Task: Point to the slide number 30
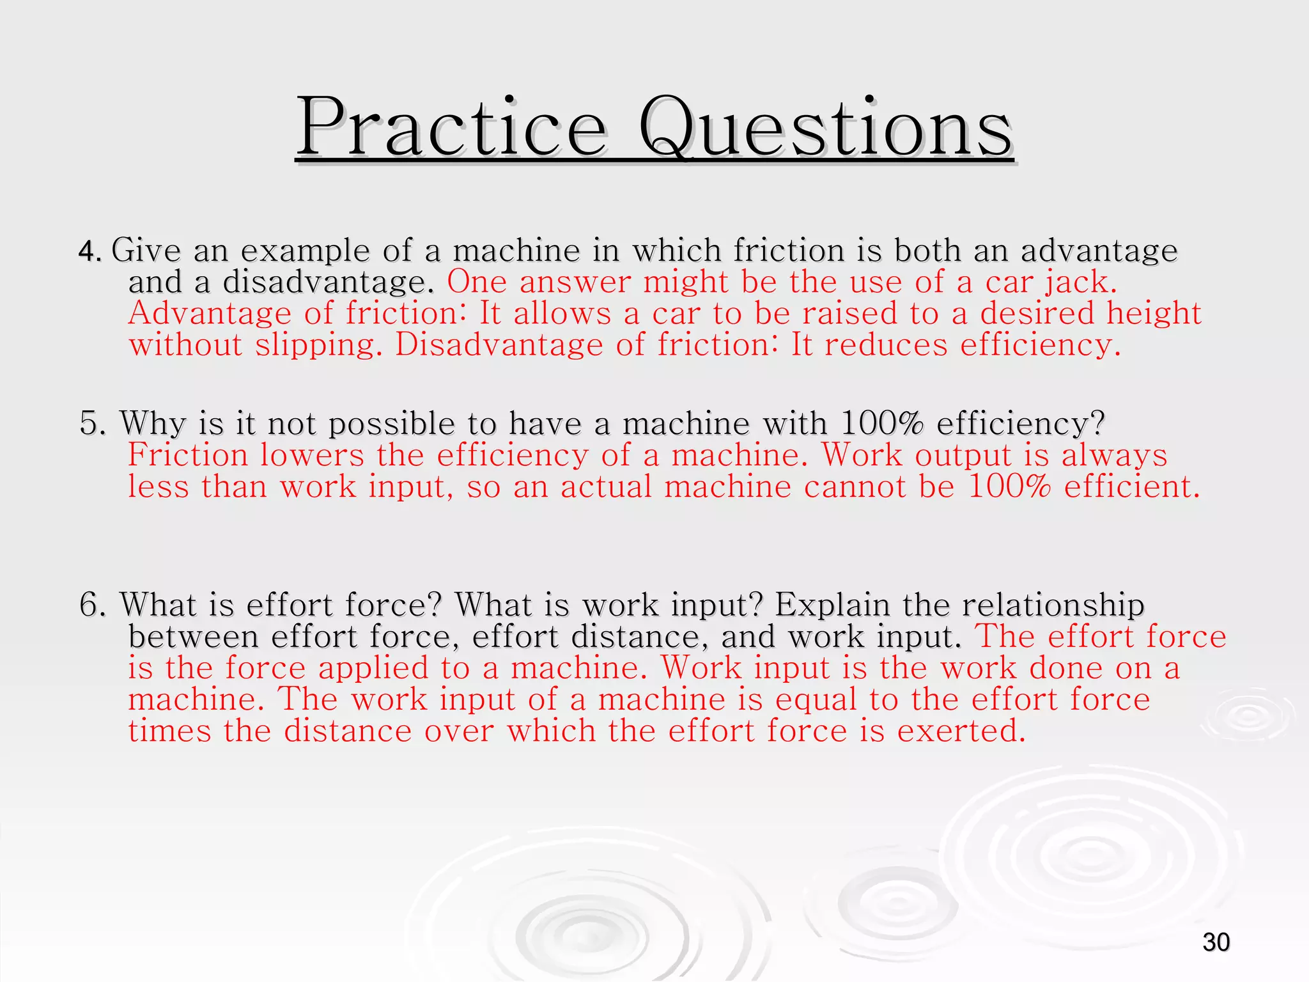[x=1216, y=942]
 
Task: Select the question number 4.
[x=89, y=251]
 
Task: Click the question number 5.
[x=93, y=424]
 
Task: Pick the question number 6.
[x=93, y=605]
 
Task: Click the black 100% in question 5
[x=882, y=424]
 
